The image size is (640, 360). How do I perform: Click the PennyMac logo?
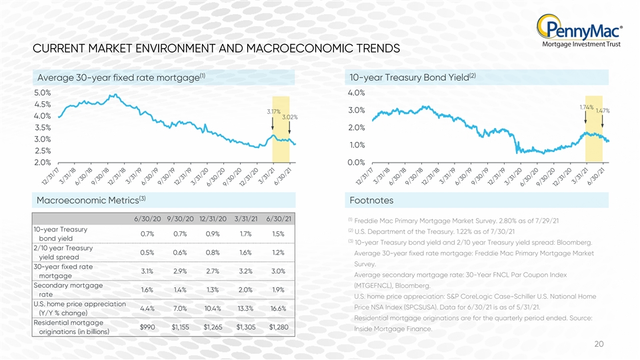point(579,31)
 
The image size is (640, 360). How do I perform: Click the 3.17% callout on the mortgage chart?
point(273,111)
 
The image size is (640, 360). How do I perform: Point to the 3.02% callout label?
point(290,117)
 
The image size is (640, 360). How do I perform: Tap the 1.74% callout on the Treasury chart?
point(587,107)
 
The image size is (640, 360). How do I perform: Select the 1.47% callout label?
point(603,111)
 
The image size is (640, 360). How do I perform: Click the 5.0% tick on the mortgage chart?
point(43,93)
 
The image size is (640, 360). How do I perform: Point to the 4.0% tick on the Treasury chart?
point(356,93)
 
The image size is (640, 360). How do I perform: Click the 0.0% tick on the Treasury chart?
point(356,163)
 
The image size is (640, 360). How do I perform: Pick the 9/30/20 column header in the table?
point(180,219)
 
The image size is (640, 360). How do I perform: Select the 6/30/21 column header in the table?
point(279,219)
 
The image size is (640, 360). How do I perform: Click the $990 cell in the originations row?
point(147,327)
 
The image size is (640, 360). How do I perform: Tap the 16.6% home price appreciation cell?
point(279,309)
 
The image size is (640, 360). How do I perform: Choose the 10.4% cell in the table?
point(213,309)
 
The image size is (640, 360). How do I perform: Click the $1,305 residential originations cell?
point(246,327)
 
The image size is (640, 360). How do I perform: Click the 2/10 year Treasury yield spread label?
point(63,253)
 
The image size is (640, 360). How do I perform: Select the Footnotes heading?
point(371,201)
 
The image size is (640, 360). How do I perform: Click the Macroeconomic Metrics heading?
point(91,200)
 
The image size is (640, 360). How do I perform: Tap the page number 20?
point(599,344)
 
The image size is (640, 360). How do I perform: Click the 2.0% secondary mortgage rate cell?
point(246,290)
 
